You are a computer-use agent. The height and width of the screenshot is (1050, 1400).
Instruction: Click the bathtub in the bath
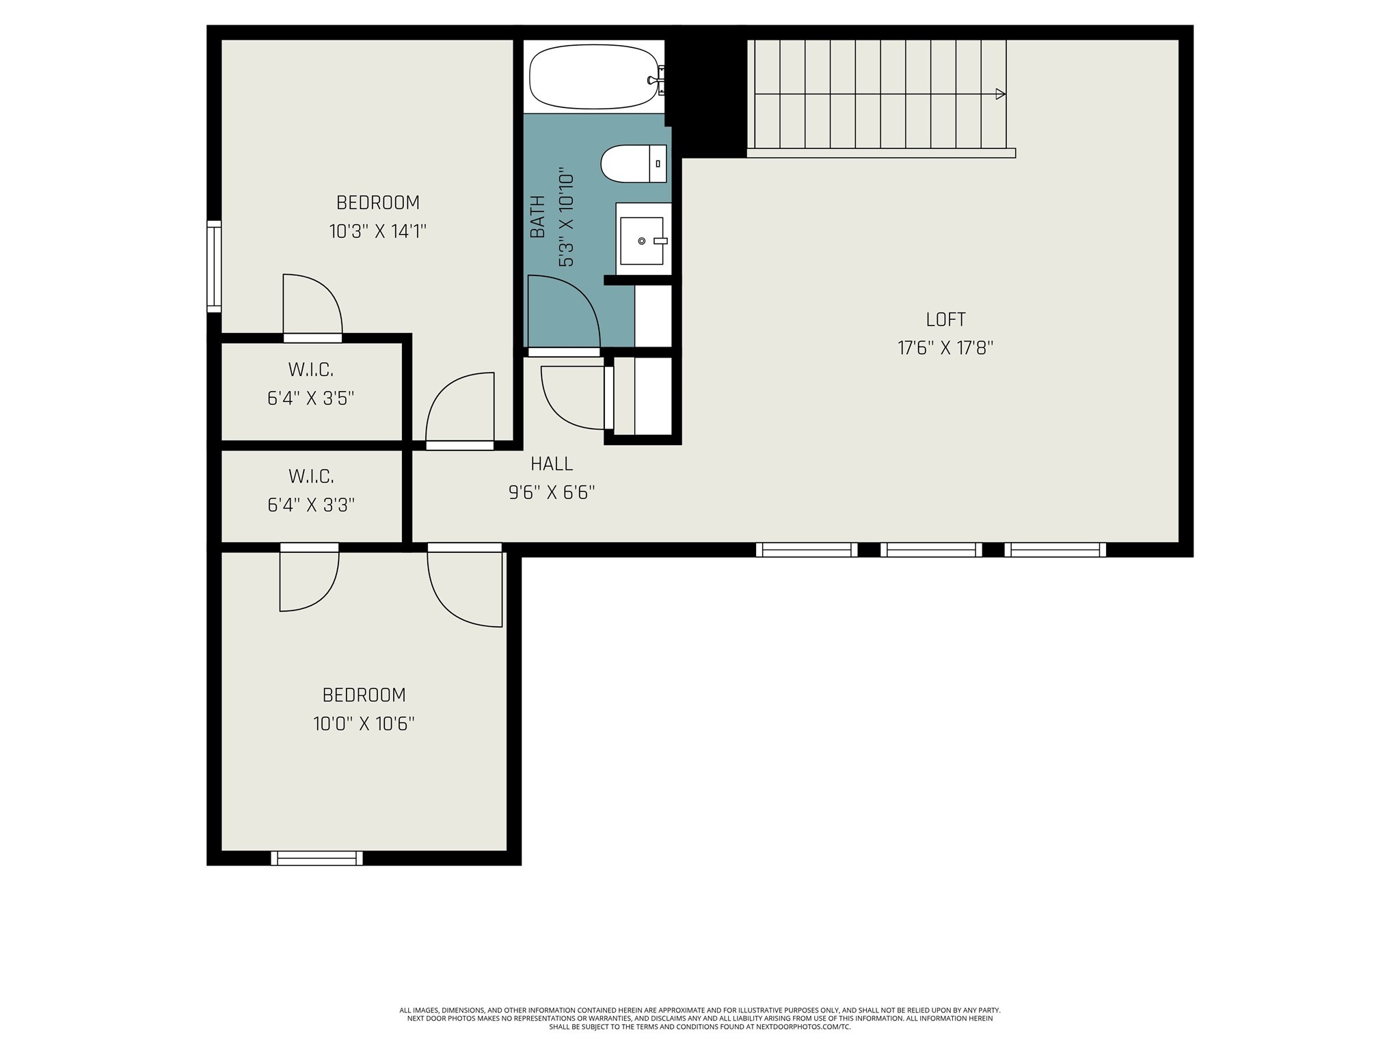coord(593,77)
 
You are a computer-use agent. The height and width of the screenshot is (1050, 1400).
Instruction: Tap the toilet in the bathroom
coord(633,164)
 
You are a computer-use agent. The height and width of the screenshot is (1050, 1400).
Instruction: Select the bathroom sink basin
coord(641,241)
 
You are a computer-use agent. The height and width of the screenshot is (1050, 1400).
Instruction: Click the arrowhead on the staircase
coord(1000,94)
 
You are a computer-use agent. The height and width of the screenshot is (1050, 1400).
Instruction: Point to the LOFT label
coord(945,319)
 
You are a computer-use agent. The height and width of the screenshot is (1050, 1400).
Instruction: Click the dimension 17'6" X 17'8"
coord(945,348)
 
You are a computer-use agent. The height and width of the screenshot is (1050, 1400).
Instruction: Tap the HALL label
coord(552,463)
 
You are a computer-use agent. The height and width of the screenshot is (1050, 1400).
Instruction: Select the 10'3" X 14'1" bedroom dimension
coord(377,231)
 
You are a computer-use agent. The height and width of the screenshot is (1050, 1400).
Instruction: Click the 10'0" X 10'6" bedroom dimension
coord(364,723)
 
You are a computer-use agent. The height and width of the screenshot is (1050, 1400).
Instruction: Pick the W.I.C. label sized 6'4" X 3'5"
coord(311,370)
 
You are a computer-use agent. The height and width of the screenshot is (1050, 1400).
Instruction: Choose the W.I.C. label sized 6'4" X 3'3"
coord(311,476)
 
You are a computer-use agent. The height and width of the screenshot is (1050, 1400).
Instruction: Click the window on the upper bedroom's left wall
coord(214,267)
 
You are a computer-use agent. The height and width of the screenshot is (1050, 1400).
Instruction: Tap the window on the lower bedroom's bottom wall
coord(317,858)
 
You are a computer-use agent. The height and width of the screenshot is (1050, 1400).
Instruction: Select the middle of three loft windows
coord(931,550)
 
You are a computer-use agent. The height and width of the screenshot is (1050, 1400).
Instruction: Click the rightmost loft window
coord(1055,550)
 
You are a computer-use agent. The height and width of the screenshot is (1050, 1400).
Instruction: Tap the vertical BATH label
coord(538,217)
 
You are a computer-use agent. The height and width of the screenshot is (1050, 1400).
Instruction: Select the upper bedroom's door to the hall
coord(460,410)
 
